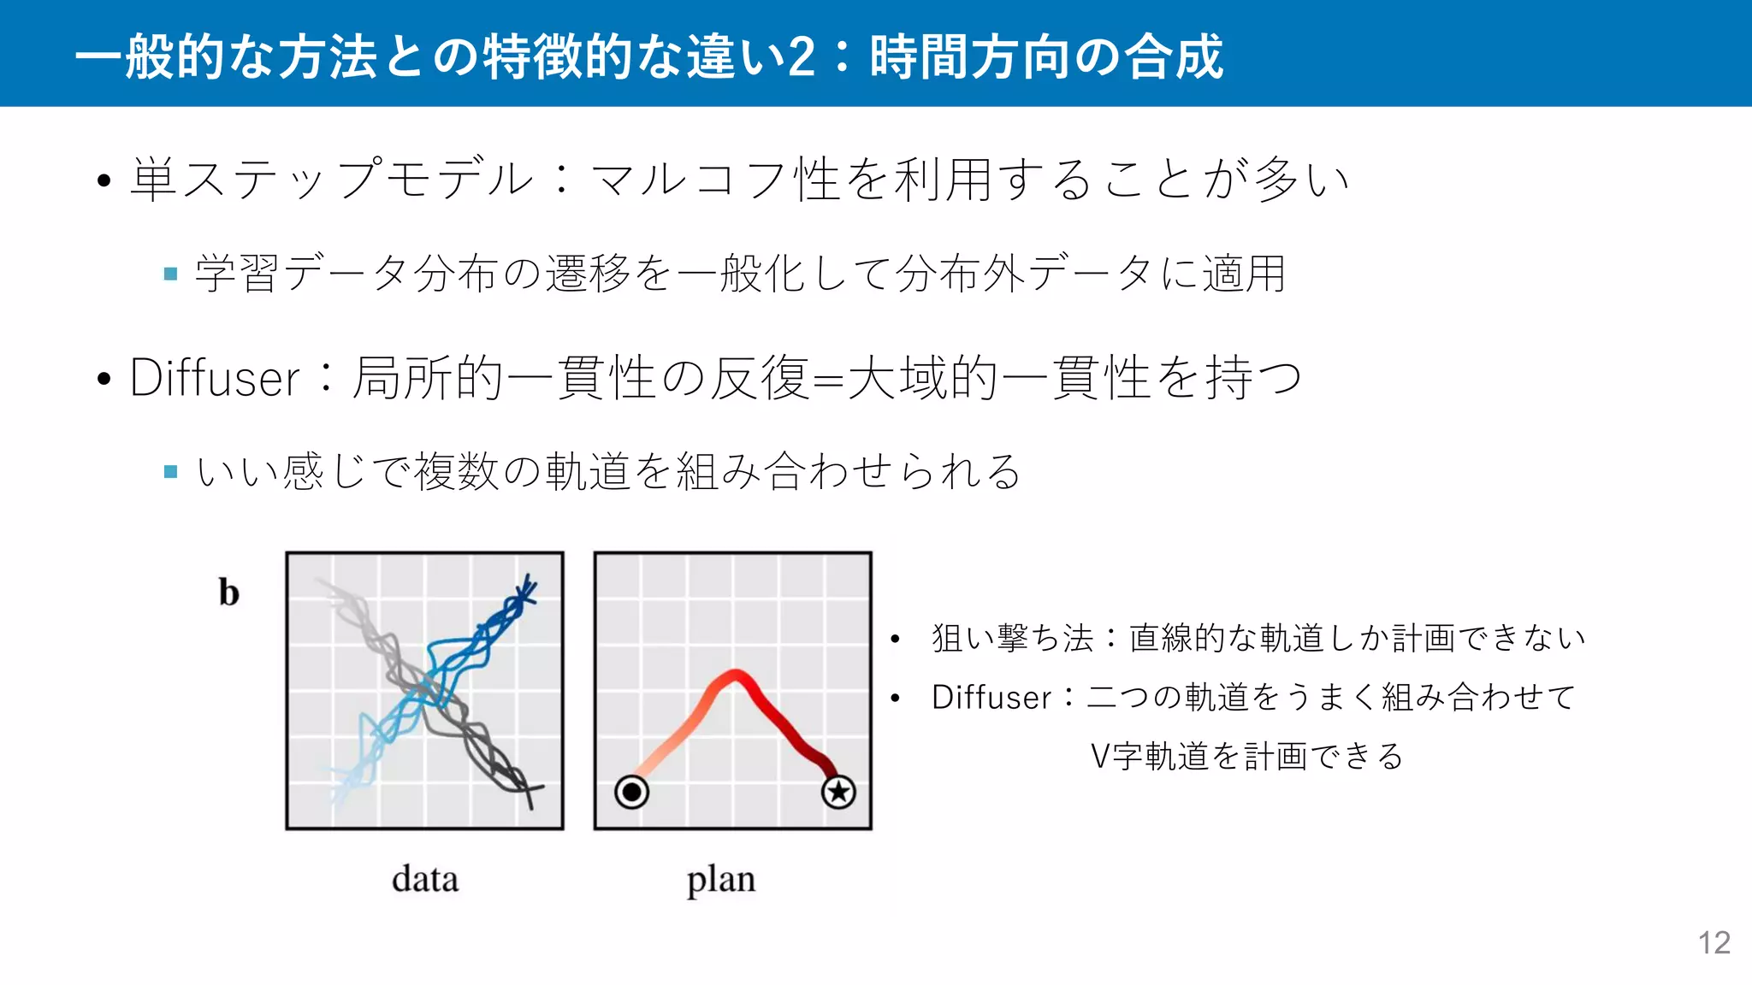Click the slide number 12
pos(1714,942)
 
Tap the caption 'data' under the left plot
pos(425,879)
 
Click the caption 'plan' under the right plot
pos(721,880)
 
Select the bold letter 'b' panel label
pos(228,593)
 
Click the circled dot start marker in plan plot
pos(631,792)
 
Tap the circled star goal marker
pos(838,792)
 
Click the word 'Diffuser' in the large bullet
pos(215,378)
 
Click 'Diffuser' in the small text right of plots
pos(991,698)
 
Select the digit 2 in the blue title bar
pos(801,56)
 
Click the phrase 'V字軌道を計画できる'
pos(1246,757)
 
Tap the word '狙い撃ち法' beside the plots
pos(1013,639)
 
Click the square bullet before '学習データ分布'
pos(170,274)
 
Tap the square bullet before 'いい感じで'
pos(170,471)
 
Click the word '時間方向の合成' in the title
pos(1046,56)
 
